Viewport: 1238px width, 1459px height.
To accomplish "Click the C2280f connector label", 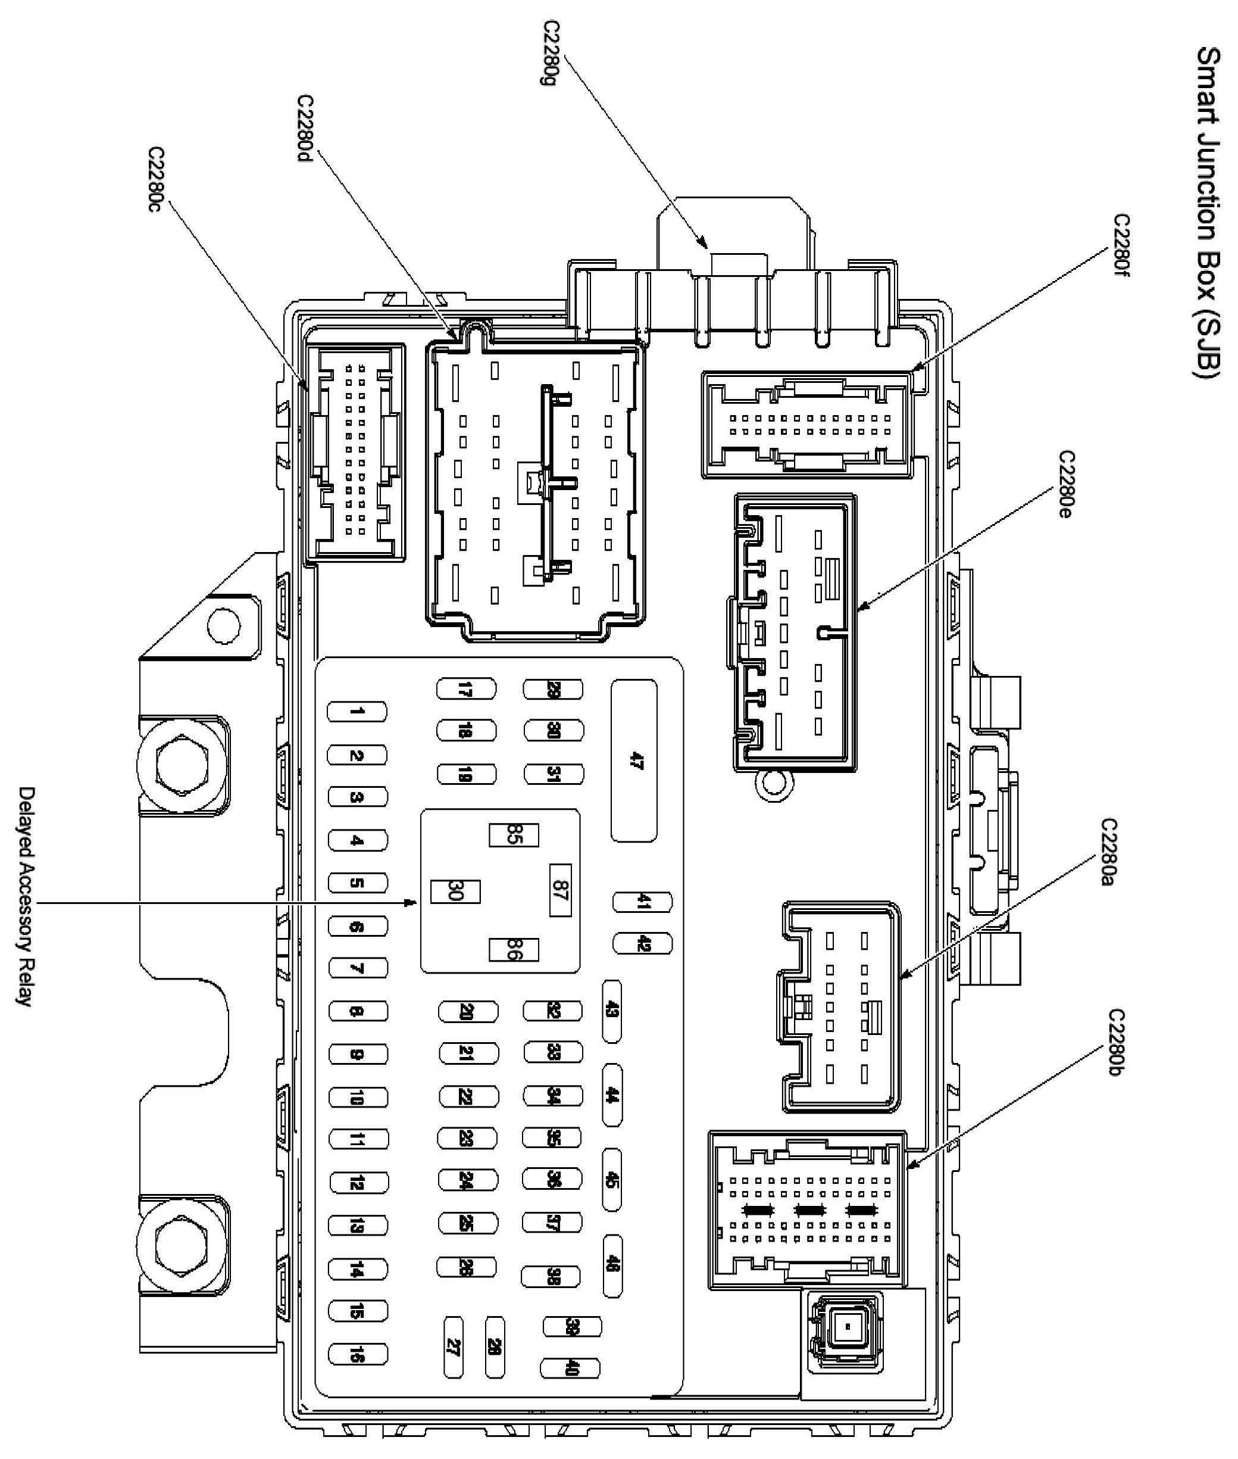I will pos(1121,246).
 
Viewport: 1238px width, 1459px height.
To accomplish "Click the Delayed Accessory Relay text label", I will pos(25,897).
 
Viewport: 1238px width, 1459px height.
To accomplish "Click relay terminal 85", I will pos(514,836).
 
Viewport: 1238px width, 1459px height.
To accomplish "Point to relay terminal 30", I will pos(455,891).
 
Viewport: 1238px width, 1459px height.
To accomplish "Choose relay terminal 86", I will pos(514,949).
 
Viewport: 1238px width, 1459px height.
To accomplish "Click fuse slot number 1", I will pos(357,711).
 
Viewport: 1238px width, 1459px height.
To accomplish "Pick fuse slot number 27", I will pos(454,1346).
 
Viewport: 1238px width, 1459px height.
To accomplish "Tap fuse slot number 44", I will pos(612,1095).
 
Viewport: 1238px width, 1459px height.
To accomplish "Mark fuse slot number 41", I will pos(642,902).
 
